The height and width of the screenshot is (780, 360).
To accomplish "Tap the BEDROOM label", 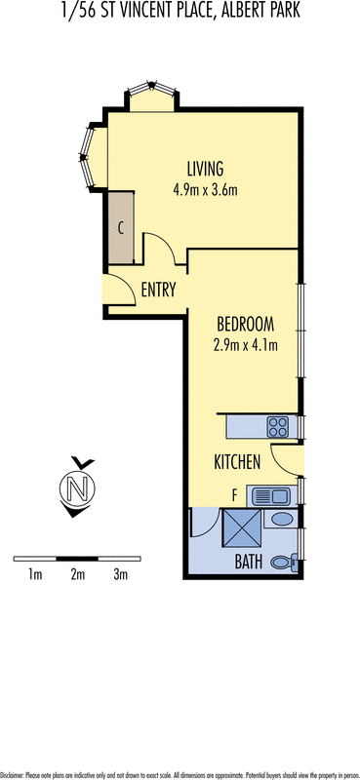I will (x=245, y=323).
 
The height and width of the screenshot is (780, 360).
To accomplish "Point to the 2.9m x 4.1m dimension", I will (x=245, y=344).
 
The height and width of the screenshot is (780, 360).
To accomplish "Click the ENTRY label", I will (x=158, y=290).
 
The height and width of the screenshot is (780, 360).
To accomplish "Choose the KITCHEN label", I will (x=237, y=462).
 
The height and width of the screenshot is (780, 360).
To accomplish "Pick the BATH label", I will (x=248, y=562).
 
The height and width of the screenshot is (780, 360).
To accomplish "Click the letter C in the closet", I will (x=120, y=229).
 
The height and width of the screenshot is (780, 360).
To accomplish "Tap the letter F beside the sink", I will (x=234, y=495).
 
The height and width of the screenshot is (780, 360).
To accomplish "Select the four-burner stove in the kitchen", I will (x=278, y=426).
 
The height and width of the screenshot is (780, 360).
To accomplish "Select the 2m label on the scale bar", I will (x=78, y=575).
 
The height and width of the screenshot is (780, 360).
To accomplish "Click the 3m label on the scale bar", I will (x=121, y=575).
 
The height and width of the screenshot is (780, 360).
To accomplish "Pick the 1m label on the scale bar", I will (x=35, y=575).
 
